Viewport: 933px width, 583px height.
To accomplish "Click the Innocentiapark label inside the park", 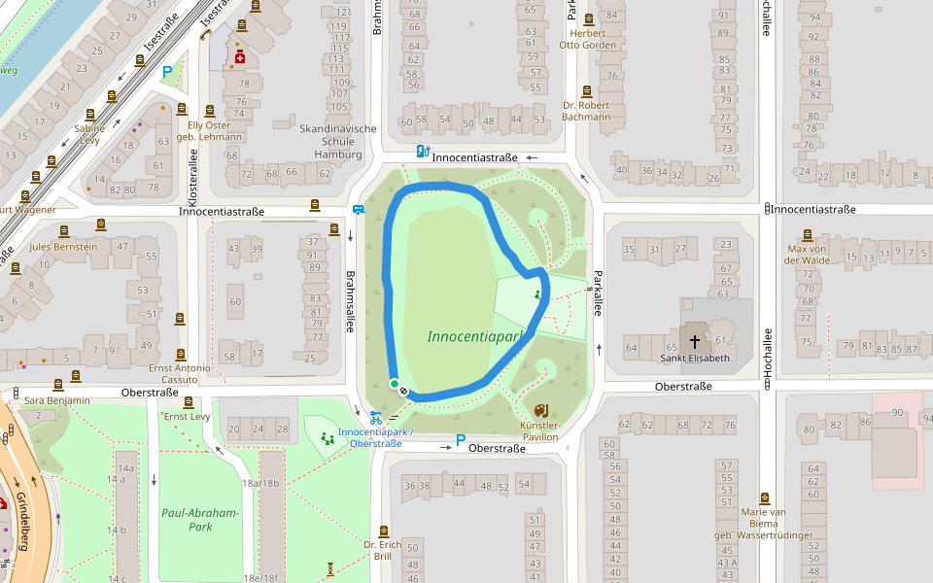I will coord(475,336).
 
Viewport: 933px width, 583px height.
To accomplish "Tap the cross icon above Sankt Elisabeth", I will coord(694,342).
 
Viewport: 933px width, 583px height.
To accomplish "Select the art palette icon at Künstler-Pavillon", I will coord(541,410).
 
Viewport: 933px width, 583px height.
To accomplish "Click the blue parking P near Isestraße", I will coord(167,71).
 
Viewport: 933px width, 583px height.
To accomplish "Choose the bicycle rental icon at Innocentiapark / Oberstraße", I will coord(375,418).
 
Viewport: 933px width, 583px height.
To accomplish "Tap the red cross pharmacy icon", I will coord(239,59).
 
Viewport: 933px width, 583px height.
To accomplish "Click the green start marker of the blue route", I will coord(395,385).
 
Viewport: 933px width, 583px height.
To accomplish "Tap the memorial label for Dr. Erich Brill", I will coord(383,550).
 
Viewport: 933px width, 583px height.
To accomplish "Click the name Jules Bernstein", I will coord(64,247).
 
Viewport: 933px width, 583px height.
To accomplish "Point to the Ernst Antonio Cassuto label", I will coord(179,373).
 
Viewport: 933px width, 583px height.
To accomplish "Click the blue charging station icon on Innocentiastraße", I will coord(422,151).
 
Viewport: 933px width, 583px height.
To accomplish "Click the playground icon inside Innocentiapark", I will coord(536,293).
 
